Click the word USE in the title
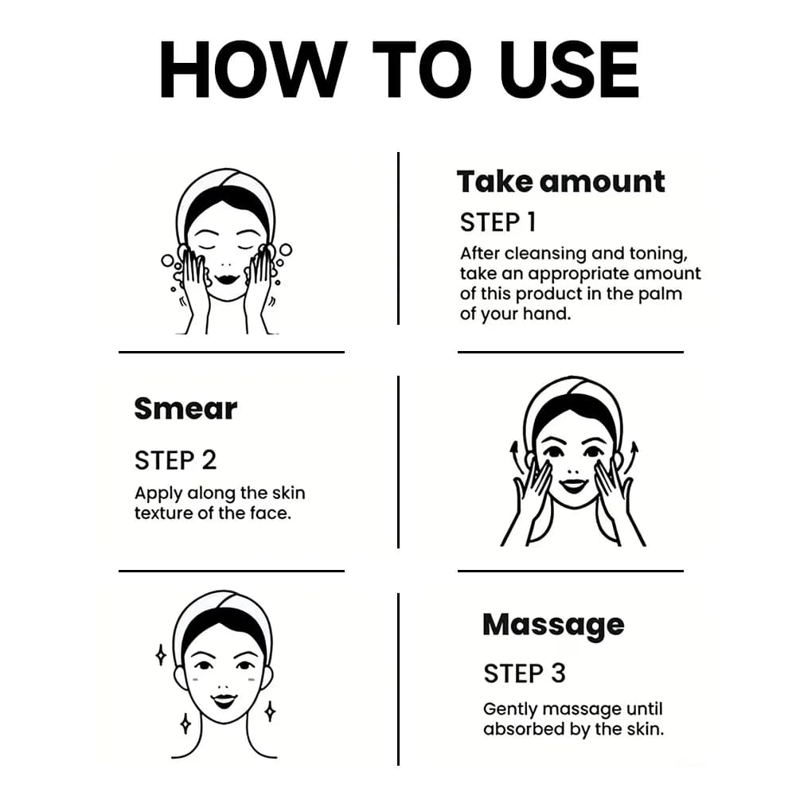coord(569,69)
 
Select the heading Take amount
coord(560,181)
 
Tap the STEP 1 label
coord(497,222)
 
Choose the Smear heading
coord(185,408)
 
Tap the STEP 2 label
coord(176,460)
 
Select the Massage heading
coord(553,626)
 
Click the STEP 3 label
coord(525,673)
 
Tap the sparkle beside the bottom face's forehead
coord(161,655)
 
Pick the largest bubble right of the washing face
coord(286,250)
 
